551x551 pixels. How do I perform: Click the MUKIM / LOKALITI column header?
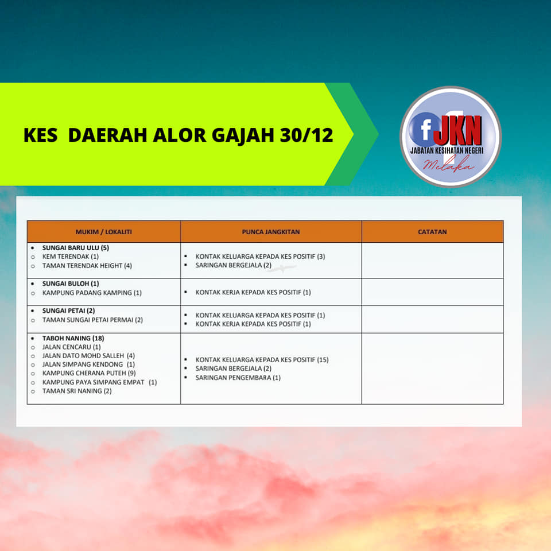(x=104, y=232)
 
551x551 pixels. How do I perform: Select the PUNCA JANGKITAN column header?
(x=270, y=232)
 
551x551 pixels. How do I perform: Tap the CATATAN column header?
(x=432, y=232)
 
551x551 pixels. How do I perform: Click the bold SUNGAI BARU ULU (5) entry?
(x=76, y=248)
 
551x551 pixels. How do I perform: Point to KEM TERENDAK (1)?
(x=70, y=257)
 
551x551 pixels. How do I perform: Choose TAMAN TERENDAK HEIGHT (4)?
(x=87, y=266)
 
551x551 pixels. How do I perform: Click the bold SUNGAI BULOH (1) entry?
(x=71, y=284)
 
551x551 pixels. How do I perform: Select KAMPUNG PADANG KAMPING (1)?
(x=92, y=293)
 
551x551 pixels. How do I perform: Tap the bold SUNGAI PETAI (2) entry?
(x=68, y=311)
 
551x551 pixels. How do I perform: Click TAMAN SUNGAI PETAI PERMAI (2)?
(x=92, y=320)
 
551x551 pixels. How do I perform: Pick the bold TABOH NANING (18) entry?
(x=73, y=338)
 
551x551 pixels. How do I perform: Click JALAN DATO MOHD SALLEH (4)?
(x=88, y=356)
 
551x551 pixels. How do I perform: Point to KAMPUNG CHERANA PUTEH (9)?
(x=89, y=373)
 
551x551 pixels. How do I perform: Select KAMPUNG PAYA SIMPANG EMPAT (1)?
(x=99, y=382)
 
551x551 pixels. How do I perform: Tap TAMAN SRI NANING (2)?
(x=77, y=391)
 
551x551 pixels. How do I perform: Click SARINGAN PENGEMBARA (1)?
(x=238, y=378)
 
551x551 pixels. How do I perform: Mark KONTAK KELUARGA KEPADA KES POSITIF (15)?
(x=262, y=359)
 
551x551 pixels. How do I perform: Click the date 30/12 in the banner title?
(x=306, y=135)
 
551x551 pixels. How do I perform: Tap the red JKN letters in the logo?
(x=458, y=130)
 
